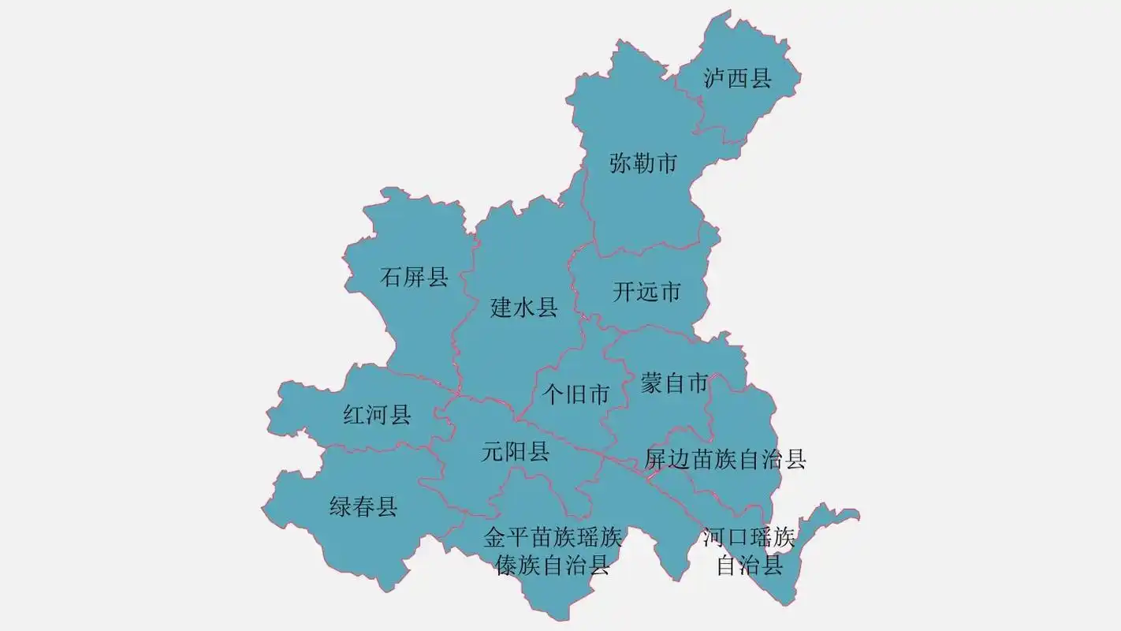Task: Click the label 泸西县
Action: pos(737,78)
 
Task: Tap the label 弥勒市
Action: pos(643,163)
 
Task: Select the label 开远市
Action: pos(646,292)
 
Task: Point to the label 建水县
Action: pos(523,307)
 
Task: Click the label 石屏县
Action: pos(414,277)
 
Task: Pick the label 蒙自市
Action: pos(674,384)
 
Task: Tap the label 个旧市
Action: pos(576,394)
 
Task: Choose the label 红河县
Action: pos(377,414)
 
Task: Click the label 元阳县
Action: pos(516,452)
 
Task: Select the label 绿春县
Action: pos(363,506)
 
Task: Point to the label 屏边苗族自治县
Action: pos(725,459)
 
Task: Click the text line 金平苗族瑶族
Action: pos(553,538)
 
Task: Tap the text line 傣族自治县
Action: pos(553,566)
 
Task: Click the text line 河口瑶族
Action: pos(748,538)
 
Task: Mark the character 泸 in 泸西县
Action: pos(714,78)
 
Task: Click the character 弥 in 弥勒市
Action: pos(621,163)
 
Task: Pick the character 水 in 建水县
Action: pos(523,307)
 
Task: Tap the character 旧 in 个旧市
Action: pos(576,394)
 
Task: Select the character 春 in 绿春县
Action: pos(363,506)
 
